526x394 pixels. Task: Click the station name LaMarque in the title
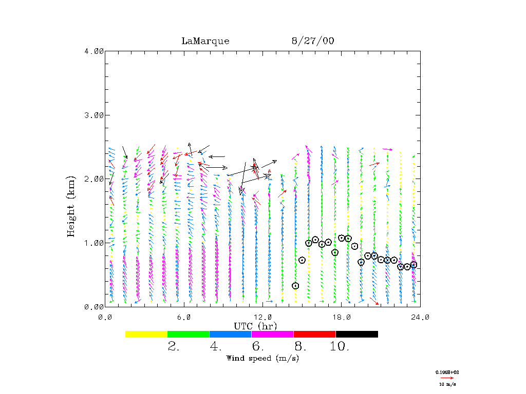coord(205,41)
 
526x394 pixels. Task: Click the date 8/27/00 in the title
coord(312,41)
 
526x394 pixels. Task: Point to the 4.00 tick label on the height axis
coord(94,51)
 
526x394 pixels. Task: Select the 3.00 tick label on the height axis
coord(94,115)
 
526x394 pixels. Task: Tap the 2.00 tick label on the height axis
coord(94,179)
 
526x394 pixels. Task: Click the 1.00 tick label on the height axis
coord(94,243)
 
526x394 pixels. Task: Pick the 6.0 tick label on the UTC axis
coord(183,317)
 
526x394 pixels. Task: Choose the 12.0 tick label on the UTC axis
coord(262,317)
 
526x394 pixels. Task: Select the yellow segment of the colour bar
coord(146,334)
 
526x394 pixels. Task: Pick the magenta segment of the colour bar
coord(272,334)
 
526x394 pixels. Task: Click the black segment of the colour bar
coord(356,334)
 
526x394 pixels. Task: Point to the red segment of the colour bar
coord(314,334)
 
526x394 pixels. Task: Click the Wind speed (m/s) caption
coord(262,358)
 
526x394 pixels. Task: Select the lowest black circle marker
coord(295,286)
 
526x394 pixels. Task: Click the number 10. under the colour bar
coord(340,346)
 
